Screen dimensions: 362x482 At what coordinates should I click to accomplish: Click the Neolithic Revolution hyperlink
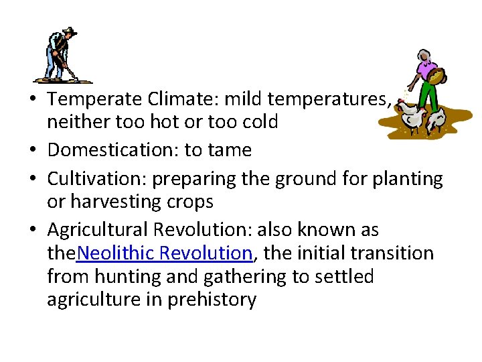(165, 253)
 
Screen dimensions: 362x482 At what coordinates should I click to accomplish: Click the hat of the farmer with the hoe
(68, 32)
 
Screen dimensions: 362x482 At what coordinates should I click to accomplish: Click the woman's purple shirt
(427, 70)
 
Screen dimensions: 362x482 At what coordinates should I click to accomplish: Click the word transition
(399, 253)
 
